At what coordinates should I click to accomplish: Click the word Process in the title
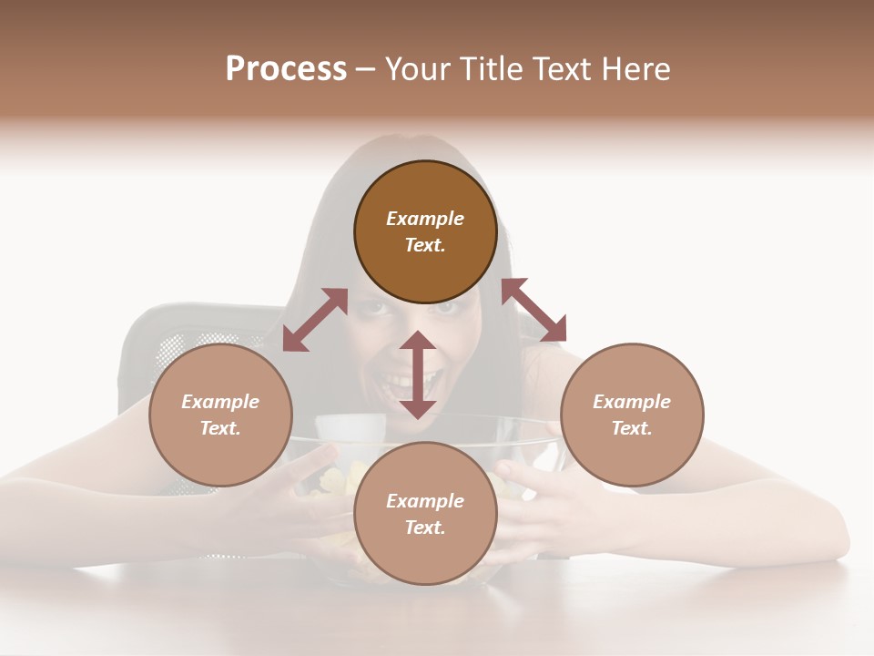pyautogui.click(x=286, y=69)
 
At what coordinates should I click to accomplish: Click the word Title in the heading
pyautogui.click(x=488, y=69)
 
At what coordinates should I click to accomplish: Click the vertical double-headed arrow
pyautogui.click(x=418, y=374)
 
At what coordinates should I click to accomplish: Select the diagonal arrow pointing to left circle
pyautogui.click(x=315, y=320)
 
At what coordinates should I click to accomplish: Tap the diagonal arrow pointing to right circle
pyautogui.click(x=534, y=311)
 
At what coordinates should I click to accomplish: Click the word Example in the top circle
pyautogui.click(x=425, y=219)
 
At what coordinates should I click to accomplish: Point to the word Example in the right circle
pyautogui.click(x=632, y=402)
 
